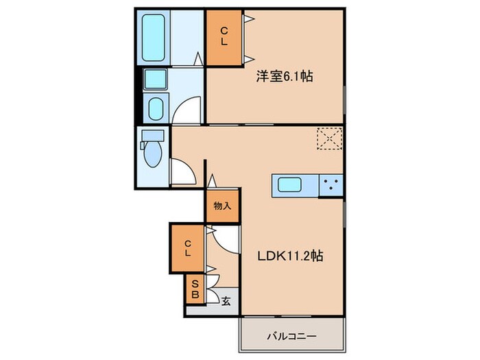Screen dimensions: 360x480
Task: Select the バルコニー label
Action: click(291, 336)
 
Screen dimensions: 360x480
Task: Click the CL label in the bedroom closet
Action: click(224, 38)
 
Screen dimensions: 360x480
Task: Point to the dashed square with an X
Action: click(329, 139)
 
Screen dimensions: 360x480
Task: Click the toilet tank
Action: click(152, 134)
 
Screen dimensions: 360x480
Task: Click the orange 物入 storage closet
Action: click(222, 206)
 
